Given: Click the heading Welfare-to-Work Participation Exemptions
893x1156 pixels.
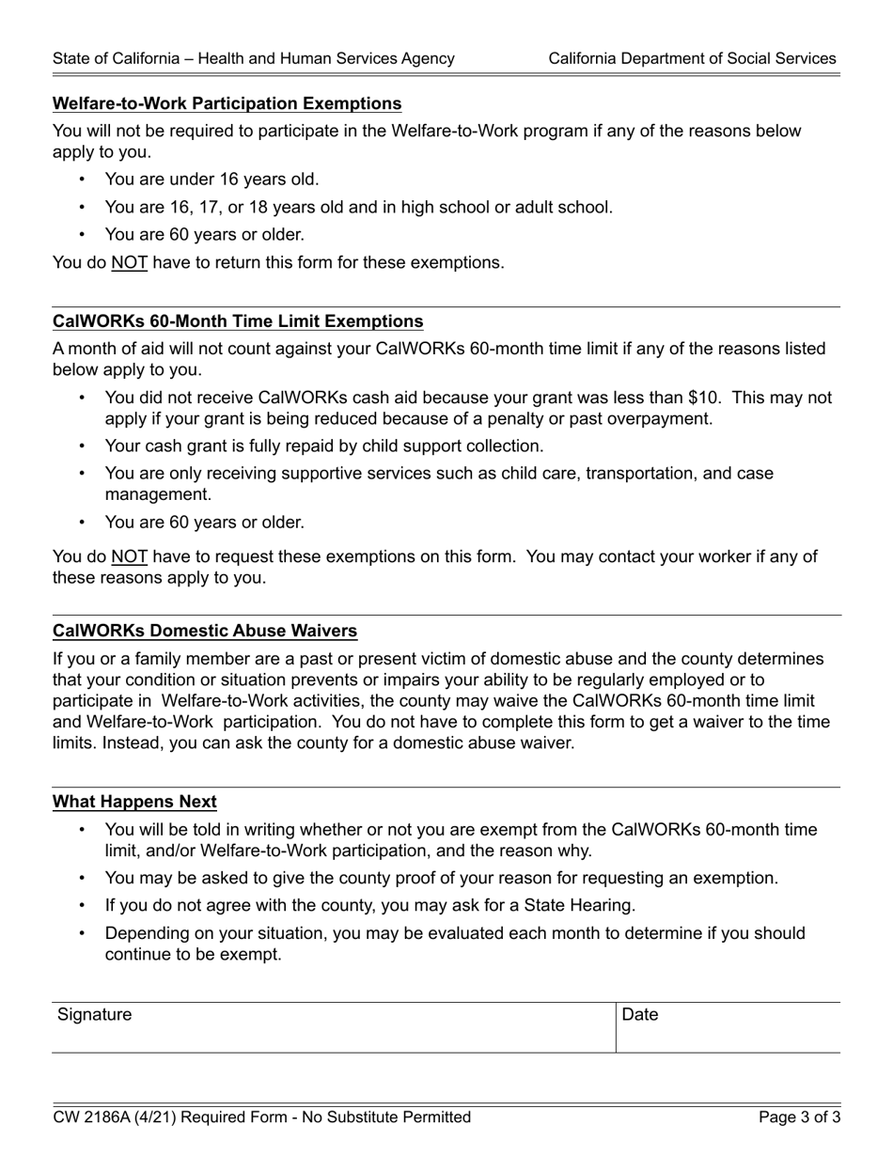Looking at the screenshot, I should (227, 103).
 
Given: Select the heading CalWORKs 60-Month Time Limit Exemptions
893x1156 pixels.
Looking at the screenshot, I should (238, 321).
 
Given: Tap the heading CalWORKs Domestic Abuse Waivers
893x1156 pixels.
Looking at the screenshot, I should (205, 631).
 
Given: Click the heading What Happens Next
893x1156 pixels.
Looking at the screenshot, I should (134, 802).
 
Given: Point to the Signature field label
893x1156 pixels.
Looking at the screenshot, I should (95, 1015).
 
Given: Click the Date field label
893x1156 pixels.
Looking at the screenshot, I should (640, 1015).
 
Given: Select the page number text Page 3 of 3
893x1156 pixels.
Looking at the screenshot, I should (799, 1117).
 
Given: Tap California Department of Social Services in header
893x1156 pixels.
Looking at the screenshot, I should (692, 58).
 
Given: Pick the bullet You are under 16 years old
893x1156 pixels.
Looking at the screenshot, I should (211, 180).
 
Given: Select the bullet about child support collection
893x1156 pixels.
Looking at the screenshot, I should (323, 446).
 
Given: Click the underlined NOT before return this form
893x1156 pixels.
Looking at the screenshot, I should (129, 263).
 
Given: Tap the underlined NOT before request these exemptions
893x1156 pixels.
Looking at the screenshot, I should (129, 557).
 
